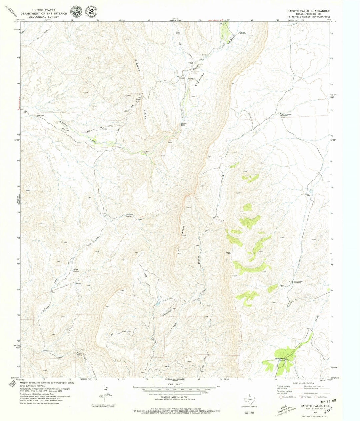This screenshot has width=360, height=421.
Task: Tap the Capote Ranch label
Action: click(x=40, y=116)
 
